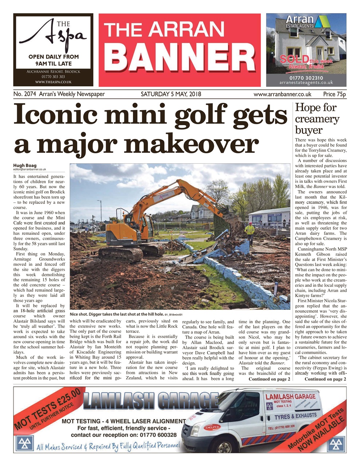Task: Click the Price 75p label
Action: point(334,94)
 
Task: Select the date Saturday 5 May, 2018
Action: point(171,94)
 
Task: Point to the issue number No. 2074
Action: point(24,94)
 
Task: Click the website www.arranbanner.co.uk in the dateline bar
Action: point(282,94)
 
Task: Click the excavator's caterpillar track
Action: point(120,254)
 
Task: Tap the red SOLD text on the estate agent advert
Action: point(293,59)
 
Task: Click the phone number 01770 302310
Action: point(306,78)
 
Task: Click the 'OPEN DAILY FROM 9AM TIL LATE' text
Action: point(54,60)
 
